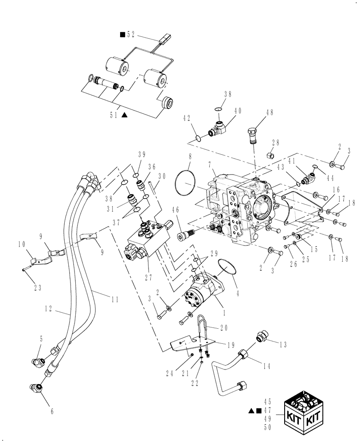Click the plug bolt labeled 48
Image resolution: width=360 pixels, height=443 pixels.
point(251,136)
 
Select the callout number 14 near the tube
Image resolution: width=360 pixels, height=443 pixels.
point(266,366)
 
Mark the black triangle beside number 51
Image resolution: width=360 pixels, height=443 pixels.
point(125,115)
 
